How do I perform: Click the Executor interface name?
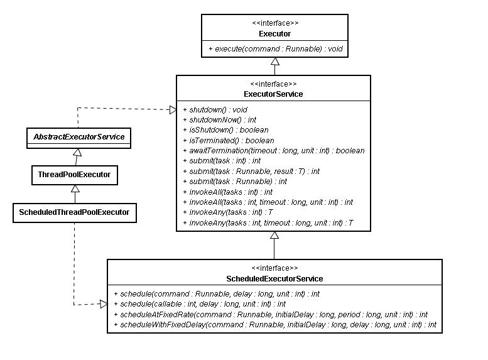[x=274, y=34]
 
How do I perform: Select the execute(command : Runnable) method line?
[x=276, y=49]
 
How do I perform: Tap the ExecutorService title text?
[x=273, y=94]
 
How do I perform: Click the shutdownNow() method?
[x=219, y=120]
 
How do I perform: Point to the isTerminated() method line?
[x=229, y=141]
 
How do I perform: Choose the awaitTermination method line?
[x=274, y=151]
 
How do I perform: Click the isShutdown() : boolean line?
[x=225, y=130]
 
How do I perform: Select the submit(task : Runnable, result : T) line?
[x=251, y=172]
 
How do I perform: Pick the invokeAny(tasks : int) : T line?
[x=228, y=212]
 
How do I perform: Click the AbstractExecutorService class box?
[x=79, y=138]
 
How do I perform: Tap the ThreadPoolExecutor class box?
[x=75, y=175]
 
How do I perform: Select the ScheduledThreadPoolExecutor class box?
[x=75, y=213]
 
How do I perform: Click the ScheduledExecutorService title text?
[x=274, y=279]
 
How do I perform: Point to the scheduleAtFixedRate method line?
[x=271, y=315]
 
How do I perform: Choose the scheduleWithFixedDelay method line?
[x=275, y=325]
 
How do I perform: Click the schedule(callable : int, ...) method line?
[x=200, y=304]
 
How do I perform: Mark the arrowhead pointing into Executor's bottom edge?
[x=275, y=62]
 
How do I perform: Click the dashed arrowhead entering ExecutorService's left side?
[x=173, y=109]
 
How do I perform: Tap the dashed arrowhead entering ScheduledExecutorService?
[x=104, y=304]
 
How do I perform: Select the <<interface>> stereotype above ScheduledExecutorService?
[x=274, y=268]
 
